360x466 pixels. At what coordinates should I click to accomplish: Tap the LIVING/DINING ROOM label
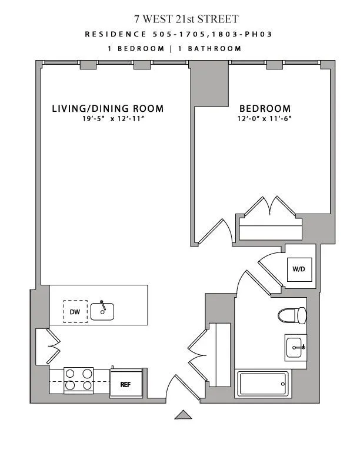tap(108, 109)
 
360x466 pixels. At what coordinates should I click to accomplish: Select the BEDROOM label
tap(265, 109)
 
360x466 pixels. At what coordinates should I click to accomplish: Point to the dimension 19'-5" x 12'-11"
tap(108, 118)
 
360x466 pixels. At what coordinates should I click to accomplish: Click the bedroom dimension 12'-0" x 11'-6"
tap(265, 118)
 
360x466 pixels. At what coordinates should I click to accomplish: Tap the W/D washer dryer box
tap(298, 269)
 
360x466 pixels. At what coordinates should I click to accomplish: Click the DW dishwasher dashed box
tap(75, 312)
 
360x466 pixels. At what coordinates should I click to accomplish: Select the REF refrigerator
tap(125, 384)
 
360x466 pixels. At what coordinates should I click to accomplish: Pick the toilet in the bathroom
tap(293, 315)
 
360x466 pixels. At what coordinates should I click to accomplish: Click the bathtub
tap(262, 384)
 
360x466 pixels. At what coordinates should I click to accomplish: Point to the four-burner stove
tap(79, 380)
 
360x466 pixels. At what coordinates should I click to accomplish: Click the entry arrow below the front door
tap(184, 415)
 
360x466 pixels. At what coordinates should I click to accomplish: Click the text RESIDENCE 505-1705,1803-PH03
tap(179, 34)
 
